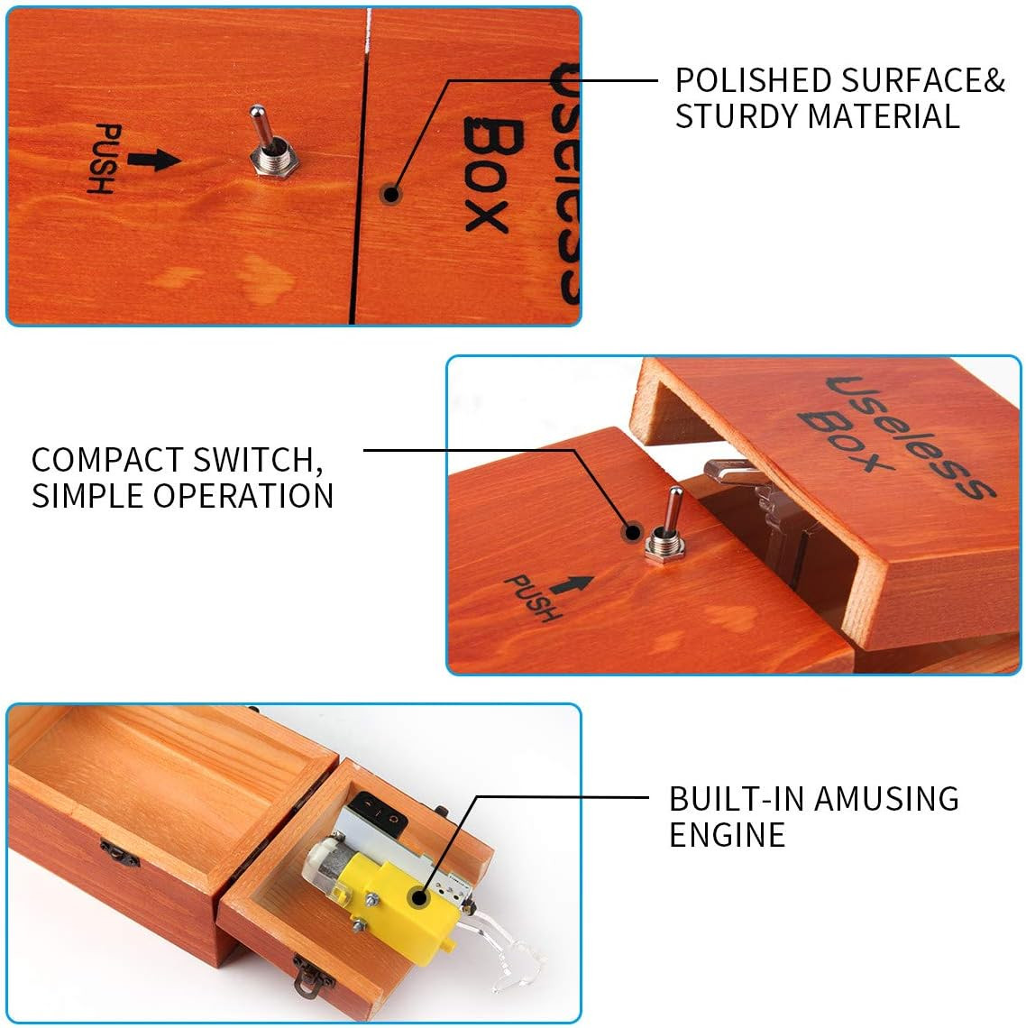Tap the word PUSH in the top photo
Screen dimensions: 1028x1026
click(105, 160)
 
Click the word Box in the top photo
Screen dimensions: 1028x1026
click(491, 176)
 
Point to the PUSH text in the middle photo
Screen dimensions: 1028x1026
click(531, 597)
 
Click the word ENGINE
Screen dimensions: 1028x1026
click(727, 835)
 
